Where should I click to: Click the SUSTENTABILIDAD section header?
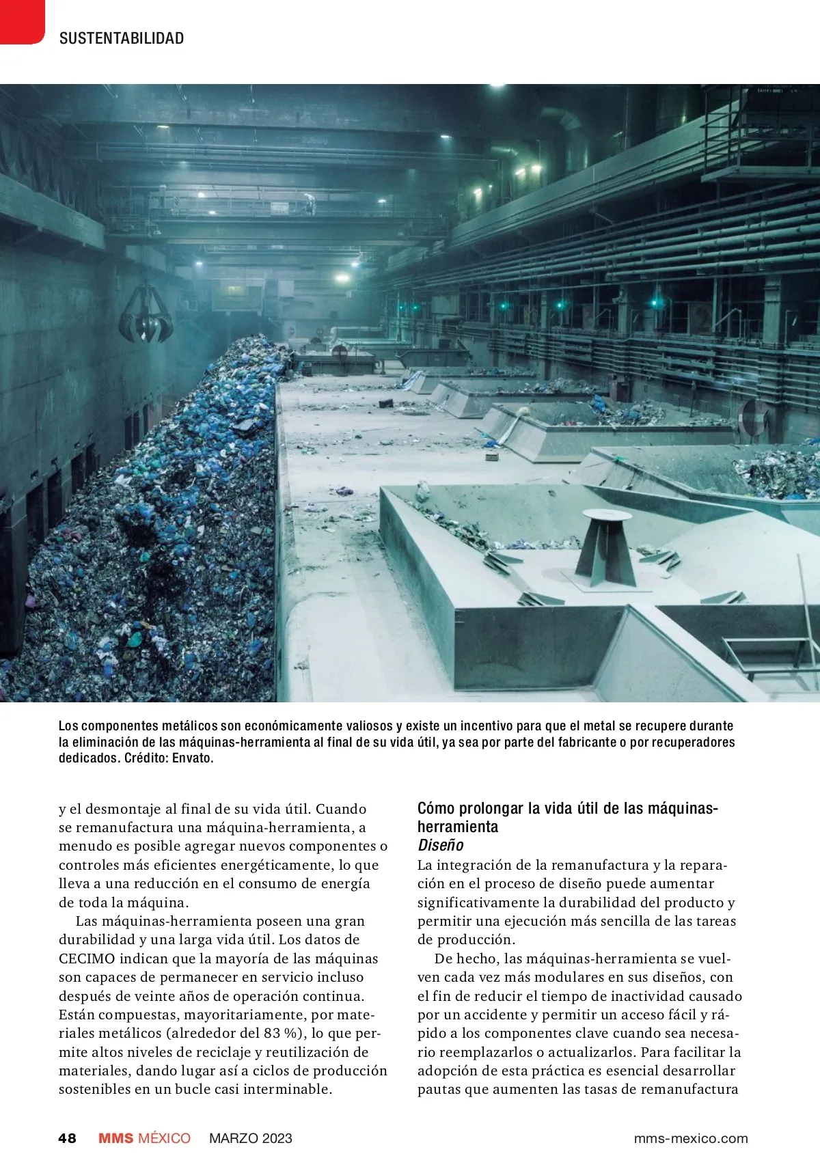(122, 38)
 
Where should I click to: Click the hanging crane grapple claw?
(146, 318)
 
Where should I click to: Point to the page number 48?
(68, 1138)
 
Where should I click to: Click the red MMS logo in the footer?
(116, 1138)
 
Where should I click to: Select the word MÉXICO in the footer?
(164, 1138)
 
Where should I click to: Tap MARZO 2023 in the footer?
(251, 1138)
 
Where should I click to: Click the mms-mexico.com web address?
(691, 1138)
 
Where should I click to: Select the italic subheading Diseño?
(441, 845)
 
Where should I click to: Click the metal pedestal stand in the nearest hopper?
(605, 547)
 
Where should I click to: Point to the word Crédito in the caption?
(146, 758)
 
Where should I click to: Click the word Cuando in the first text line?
(341, 809)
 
